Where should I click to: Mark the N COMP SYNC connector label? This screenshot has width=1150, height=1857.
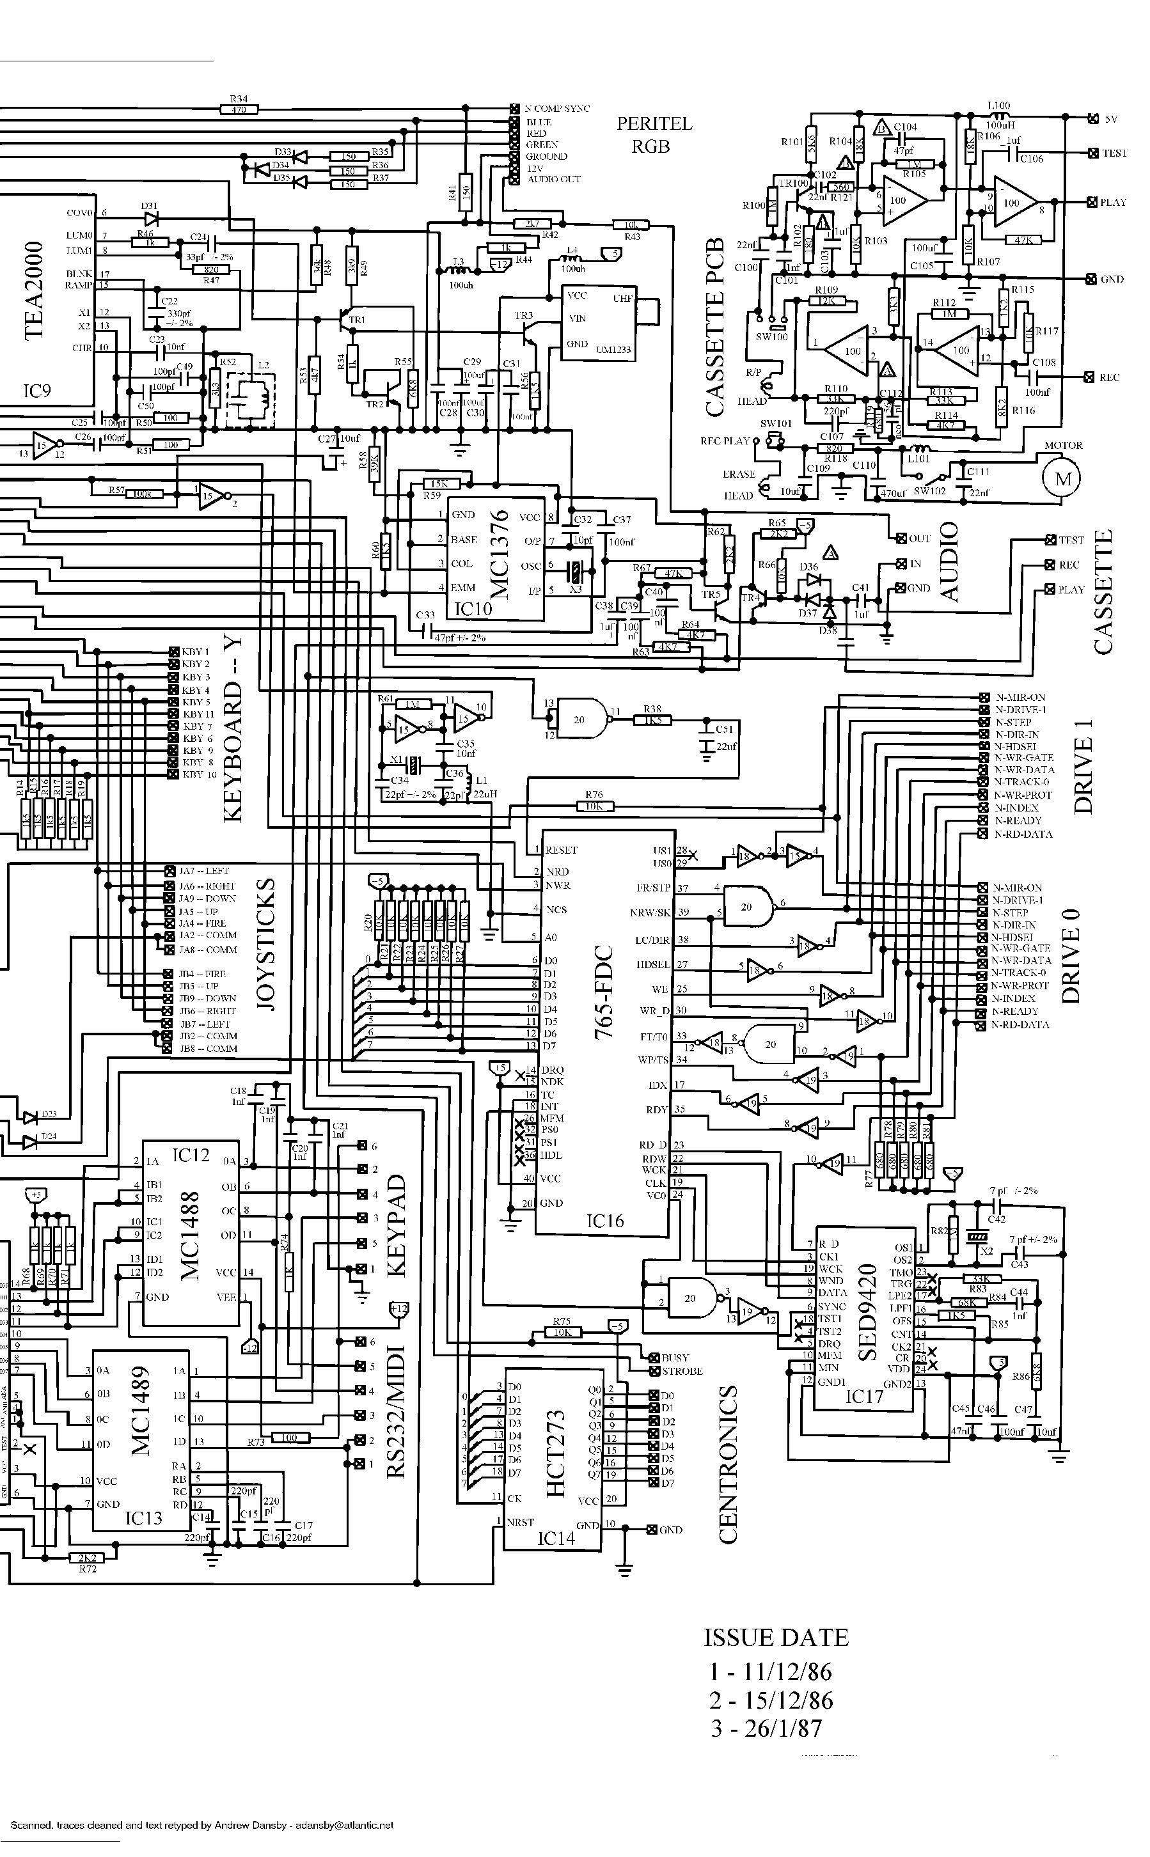click(556, 109)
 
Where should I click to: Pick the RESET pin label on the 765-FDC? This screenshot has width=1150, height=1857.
click(562, 850)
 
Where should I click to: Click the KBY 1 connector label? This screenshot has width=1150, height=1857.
click(194, 652)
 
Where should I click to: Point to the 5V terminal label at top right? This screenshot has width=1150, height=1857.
click(1111, 120)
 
